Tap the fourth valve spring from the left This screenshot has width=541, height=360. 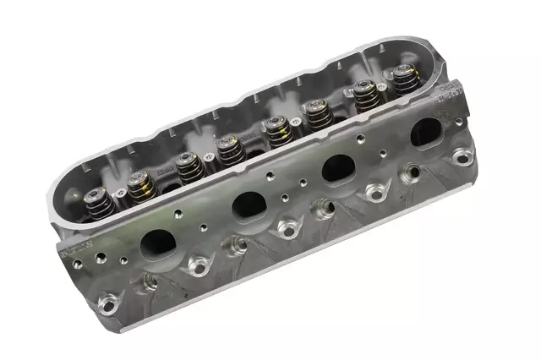click(227, 149)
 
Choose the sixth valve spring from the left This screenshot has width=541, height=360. click(318, 113)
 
